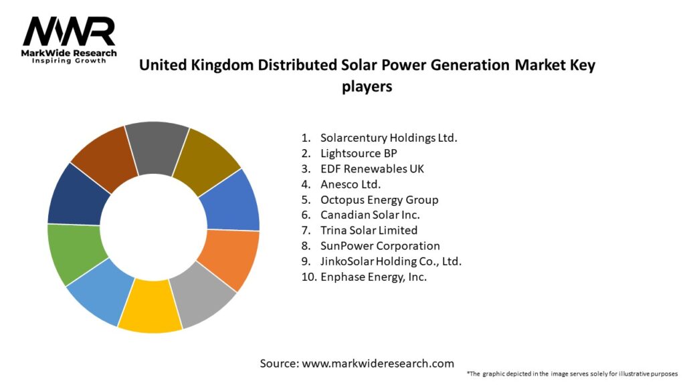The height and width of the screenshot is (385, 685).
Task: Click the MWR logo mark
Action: [x=69, y=31]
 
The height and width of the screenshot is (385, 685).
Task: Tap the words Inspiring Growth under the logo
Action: [x=69, y=61]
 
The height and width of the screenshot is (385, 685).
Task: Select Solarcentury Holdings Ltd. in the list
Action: [x=388, y=138]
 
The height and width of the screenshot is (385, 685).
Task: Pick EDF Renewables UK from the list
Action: [x=372, y=168]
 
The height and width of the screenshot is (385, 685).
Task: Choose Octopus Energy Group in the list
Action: [x=379, y=199]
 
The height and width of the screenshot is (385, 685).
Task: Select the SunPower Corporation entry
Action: [x=380, y=245]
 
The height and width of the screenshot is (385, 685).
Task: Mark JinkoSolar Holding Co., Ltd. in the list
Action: [x=391, y=261]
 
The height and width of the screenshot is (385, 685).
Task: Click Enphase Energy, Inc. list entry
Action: [x=373, y=276]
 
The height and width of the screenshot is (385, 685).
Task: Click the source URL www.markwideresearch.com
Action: [x=378, y=364]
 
